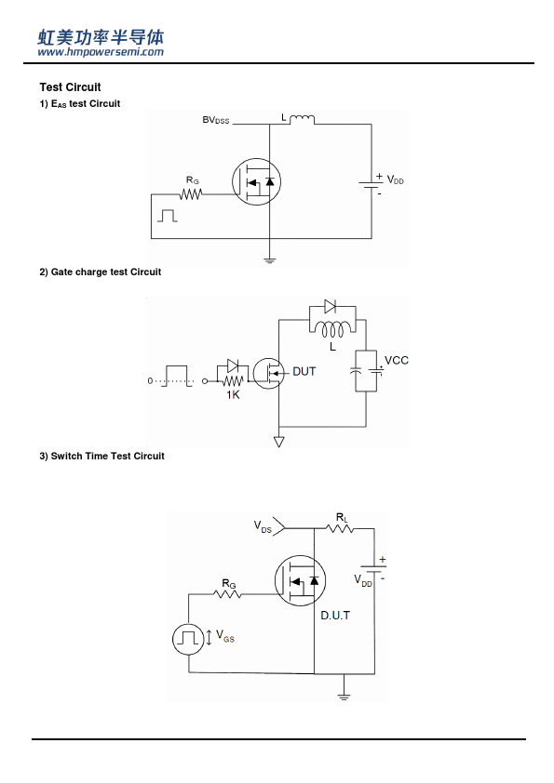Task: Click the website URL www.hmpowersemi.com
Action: click(101, 51)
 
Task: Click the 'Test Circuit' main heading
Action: click(70, 87)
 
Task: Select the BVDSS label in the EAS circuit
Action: click(215, 120)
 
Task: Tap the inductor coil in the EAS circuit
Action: click(302, 119)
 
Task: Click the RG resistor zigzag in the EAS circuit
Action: click(191, 193)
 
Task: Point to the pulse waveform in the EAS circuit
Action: click(168, 216)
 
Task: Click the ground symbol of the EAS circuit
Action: click(269, 260)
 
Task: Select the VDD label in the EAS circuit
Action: click(395, 179)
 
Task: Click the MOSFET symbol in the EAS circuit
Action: click(256, 181)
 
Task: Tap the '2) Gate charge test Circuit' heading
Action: click(100, 272)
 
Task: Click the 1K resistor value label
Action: click(233, 395)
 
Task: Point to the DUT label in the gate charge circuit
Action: click(304, 372)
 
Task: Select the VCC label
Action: click(397, 360)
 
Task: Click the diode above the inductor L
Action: click(330, 306)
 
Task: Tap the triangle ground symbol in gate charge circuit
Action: click(279, 442)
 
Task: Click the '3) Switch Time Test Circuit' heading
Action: click(102, 456)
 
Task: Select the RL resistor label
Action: click(342, 518)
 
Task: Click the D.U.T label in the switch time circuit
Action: click(335, 616)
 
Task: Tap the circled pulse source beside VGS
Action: click(188, 639)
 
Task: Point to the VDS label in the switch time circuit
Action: click(263, 526)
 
